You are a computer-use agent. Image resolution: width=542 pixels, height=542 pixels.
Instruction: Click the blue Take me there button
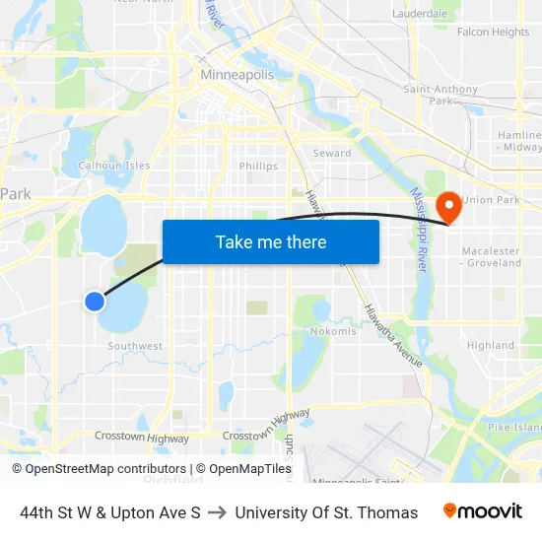270,242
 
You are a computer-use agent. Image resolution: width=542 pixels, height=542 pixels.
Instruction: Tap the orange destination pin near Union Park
448,205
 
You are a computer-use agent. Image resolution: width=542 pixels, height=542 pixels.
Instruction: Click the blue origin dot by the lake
95,302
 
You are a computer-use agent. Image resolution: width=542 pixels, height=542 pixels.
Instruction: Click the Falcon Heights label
493,33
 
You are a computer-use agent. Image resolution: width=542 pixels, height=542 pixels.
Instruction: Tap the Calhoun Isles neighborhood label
114,166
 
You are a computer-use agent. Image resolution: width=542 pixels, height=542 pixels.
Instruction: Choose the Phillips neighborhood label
258,167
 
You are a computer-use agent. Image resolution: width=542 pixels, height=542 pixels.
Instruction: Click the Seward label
332,154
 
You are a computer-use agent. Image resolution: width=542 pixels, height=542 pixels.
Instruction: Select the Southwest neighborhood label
135,346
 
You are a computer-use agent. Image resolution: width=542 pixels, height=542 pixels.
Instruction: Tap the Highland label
491,346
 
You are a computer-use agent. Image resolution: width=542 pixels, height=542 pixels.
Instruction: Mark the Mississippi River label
418,233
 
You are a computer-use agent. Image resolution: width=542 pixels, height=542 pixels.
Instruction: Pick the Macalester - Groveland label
491,257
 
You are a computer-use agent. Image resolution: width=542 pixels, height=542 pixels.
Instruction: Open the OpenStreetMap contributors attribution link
99,469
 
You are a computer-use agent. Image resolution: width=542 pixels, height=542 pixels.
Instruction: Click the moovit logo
482,511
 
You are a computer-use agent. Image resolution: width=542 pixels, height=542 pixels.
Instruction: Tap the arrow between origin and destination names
218,512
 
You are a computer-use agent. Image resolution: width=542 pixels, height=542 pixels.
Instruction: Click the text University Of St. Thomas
326,512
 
